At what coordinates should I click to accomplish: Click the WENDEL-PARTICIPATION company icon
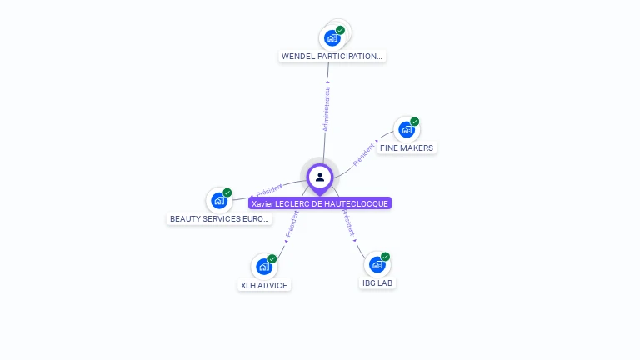[332, 37]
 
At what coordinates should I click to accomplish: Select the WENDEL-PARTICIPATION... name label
[332, 57]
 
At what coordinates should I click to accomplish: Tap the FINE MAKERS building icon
[406, 129]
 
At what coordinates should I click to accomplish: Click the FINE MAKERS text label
[406, 148]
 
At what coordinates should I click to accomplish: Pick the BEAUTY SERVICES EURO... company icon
[218, 200]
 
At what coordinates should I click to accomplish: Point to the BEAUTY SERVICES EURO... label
[220, 219]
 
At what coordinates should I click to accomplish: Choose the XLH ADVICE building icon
[263, 267]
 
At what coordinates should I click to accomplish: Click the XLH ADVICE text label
[264, 286]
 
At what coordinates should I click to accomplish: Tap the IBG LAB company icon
[377, 264]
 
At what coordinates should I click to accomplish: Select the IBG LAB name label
[377, 283]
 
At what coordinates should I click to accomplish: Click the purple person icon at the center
[320, 177]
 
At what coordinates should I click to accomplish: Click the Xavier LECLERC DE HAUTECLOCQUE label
[320, 203]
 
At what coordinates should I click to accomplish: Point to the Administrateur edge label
[327, 108]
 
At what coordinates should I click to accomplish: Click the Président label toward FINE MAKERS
[364, 154]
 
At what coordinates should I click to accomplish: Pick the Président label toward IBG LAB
[349, 225]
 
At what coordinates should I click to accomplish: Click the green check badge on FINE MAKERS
[414, 122]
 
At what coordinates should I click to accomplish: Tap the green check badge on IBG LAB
[385, 257]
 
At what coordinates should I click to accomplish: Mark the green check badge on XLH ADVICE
[272, 259]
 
